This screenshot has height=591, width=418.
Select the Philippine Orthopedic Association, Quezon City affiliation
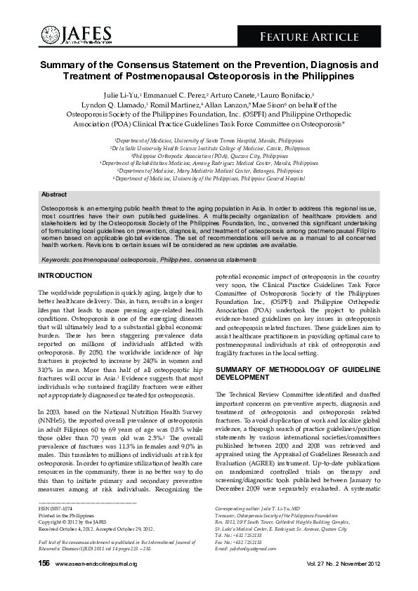click(209, 156)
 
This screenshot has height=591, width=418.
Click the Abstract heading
click(54, 194)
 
